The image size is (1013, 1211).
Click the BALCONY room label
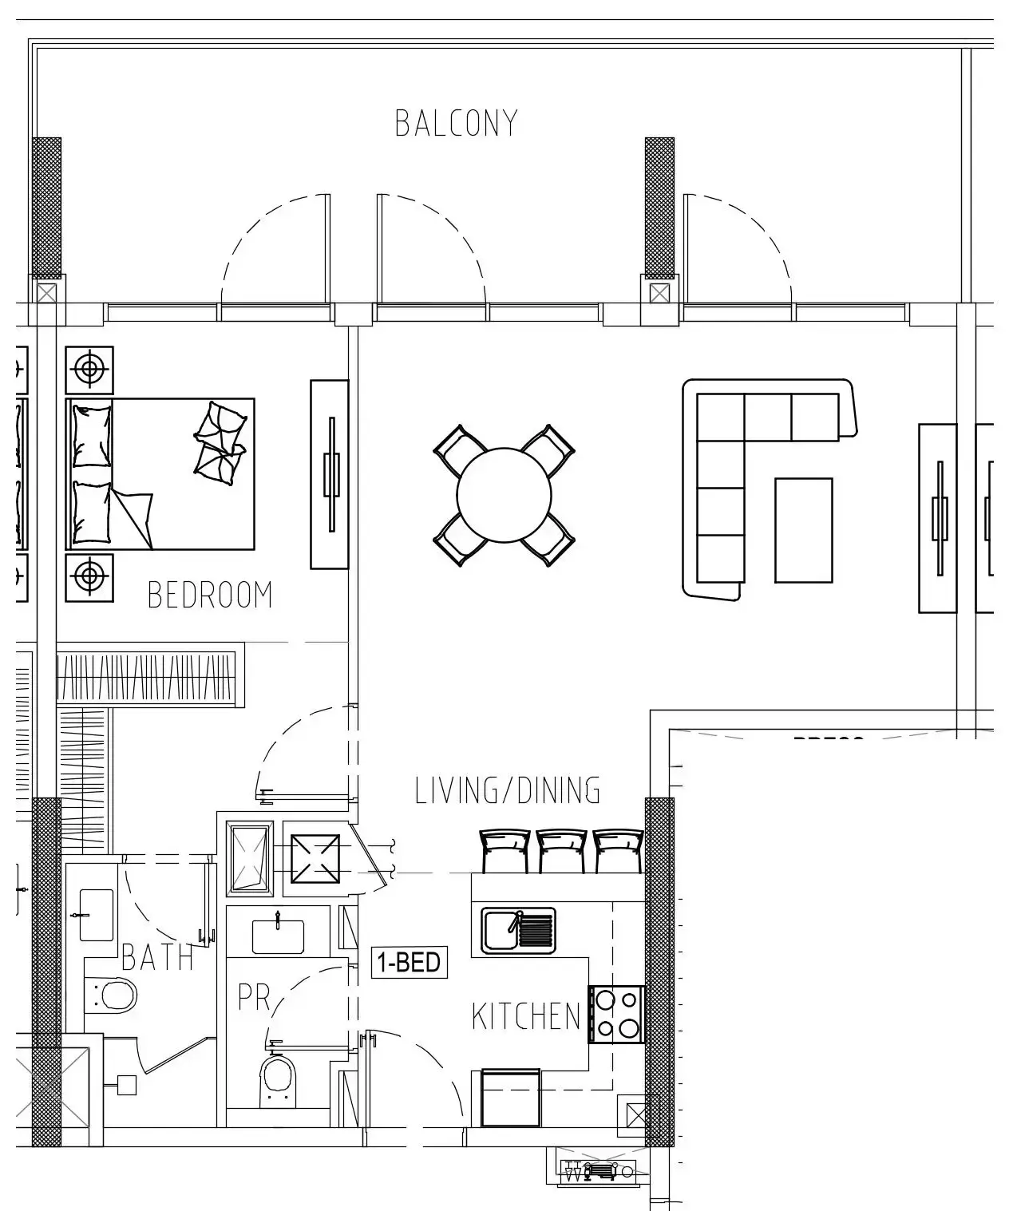(x=457, y=123)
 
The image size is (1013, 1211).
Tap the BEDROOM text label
(x=210, y=596)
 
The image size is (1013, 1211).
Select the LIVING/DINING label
(x=508, y=790)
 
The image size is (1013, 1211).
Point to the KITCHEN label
(x=526, y=1017)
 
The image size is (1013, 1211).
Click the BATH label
(x=157, y=958)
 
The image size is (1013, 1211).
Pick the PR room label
(x=254, y=998)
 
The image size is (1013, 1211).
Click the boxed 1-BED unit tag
(x=410, y=962)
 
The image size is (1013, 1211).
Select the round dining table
(x=504, y=495)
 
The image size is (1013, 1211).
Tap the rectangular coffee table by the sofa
(x=803, y=530)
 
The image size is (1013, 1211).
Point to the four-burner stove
(x=616, y=1014)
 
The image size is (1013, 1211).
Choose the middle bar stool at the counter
(x=561, y=851)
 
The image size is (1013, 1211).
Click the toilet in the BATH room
(x=117, y=995)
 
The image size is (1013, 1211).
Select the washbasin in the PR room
(x=278, y=936)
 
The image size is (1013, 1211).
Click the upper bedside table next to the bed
(x=89, y=370)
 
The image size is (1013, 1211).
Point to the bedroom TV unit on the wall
(x=329, y=474)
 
